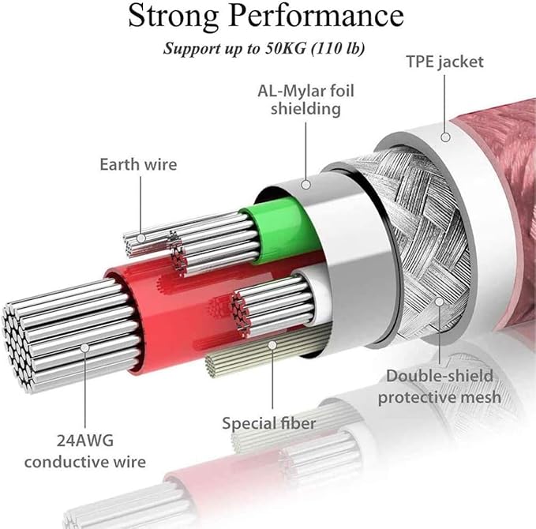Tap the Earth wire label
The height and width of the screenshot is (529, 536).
[138, 164]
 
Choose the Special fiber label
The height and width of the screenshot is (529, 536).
[269, 423]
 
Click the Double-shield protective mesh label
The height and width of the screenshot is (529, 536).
[439, 386]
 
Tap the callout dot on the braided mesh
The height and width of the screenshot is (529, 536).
[439, 300]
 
